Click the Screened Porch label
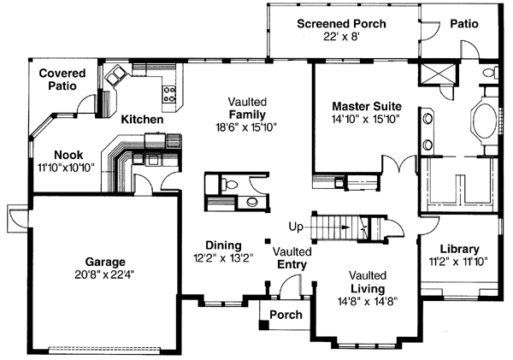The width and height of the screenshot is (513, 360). point(341,23)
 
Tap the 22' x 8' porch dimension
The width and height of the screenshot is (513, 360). point(341,37)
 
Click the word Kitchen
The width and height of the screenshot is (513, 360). point(141,119)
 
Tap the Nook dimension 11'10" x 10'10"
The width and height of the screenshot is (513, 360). point(68,168)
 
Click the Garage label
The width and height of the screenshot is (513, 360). point(105,262)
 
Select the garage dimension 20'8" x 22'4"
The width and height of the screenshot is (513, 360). point(105,274)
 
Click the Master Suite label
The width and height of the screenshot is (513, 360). point(367,106)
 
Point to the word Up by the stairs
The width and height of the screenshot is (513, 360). point(297,227)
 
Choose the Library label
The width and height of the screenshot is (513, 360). point(460,249)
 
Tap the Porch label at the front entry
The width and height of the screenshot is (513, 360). point(285,316)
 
